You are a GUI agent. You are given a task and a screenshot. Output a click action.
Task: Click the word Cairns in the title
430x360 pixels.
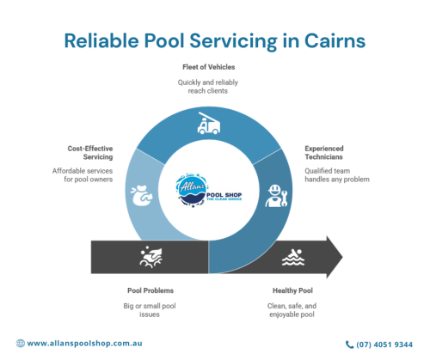[335, 41]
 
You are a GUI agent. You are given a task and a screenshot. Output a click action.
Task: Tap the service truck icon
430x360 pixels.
[209, 123]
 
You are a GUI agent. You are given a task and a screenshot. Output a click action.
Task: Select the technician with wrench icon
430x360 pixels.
[276, 196]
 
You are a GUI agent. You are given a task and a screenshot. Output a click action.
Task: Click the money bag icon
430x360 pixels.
[142, 196]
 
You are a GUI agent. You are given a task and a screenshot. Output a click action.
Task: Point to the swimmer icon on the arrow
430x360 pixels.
[293, 257]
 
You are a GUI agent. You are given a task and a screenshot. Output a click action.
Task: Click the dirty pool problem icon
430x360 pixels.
[151, 257]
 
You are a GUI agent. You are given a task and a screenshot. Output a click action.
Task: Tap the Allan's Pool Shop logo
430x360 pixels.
[209, 191]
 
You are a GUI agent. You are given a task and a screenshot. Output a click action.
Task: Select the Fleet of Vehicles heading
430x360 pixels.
[209, 67]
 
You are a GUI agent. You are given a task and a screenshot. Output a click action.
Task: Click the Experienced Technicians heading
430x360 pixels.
[324, 153]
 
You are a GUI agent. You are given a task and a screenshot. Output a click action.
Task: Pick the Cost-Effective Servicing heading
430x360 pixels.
[90, 153]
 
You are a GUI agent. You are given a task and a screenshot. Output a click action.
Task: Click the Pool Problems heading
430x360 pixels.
[150, 290]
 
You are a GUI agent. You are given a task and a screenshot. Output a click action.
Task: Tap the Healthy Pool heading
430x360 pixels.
[292, 290]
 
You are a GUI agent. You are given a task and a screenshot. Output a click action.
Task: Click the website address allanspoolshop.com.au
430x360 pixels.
[84, 344]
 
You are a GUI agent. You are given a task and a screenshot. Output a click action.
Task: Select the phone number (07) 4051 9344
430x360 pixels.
[384, 345]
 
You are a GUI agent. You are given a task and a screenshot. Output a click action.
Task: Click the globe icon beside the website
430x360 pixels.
[21, 344]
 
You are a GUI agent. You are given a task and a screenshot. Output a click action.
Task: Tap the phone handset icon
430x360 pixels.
[349, 345]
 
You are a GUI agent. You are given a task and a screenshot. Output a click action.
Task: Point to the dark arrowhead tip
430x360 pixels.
[342, 257]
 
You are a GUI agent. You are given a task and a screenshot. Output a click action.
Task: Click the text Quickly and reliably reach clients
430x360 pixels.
[208, 87]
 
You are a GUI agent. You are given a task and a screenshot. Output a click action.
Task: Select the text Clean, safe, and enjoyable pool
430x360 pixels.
[292, 310]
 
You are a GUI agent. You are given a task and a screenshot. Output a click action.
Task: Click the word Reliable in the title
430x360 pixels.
[101, 41]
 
